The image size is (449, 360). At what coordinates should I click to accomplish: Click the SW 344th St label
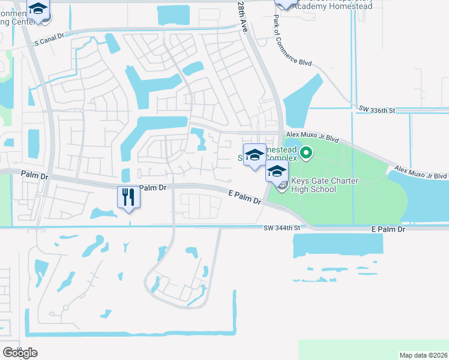pyautogui.click(x=282, y=228)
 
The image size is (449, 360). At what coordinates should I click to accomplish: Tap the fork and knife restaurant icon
pyautogui.click(x=128, y=196)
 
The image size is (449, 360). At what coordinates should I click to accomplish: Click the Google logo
pyautogui.click(x=20, y=353)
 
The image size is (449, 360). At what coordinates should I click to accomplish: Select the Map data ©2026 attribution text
pyautogui.click(x=423, y=355)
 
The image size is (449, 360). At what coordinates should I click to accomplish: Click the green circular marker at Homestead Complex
pyautogui.click(x=306, y=153)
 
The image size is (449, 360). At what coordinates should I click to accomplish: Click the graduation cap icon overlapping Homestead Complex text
pyautogui.click(x=255, y=155)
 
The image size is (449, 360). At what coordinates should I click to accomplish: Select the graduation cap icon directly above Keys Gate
pyautogui.click(x=277, y=171)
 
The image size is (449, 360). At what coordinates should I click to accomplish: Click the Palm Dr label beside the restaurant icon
pyautogui.click(x=152, y=188)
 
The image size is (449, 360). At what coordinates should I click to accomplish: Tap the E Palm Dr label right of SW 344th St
pyautogui.click(x=388, y=229)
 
